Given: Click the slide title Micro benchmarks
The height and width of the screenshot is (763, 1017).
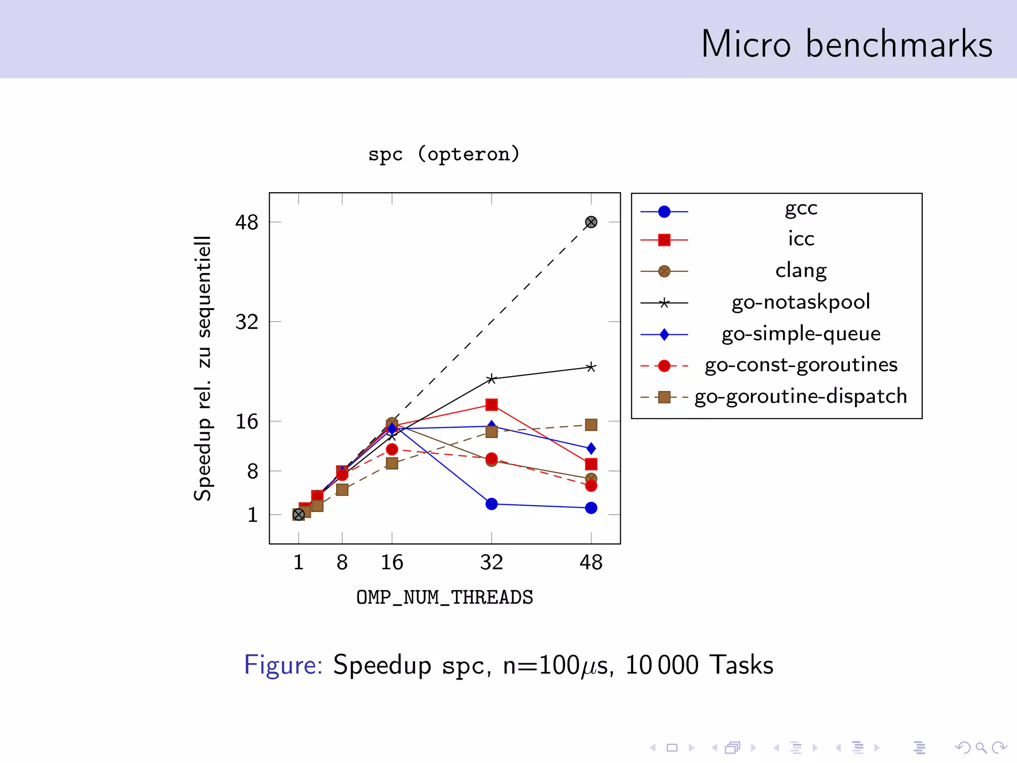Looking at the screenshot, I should click(846, 45).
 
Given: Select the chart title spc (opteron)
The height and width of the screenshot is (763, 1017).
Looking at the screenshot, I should click(443, 154).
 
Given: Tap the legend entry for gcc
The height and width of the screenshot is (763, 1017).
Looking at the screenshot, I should click(800, 209).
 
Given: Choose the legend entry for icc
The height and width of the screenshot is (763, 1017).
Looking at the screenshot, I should click(800, 239).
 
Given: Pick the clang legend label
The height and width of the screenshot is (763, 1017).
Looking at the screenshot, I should click(800, 271).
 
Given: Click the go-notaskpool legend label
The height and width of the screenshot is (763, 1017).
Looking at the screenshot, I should click(800, 302).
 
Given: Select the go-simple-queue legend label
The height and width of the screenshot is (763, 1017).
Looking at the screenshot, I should click(800, 334).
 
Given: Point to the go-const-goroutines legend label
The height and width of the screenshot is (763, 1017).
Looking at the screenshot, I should click(800, 365).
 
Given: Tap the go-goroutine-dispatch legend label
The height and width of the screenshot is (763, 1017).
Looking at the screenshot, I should click(800, 396).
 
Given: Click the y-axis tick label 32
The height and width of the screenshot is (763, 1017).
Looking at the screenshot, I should click(247, 322).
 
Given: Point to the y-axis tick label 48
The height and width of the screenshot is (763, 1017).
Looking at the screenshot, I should click(247, 222).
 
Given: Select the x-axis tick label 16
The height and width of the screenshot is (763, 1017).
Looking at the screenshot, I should click(392, 562).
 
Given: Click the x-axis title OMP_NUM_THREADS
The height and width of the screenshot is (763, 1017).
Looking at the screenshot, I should click(444, 597).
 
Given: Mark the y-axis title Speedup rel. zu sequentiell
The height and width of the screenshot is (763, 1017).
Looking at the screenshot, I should click(203, 368).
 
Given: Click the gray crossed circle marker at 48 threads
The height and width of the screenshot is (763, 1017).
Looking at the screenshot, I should click(591, 222).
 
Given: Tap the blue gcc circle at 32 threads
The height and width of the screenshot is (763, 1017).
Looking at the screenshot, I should click(492, 504).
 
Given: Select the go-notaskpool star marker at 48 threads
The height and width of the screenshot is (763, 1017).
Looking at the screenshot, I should click(591, 368).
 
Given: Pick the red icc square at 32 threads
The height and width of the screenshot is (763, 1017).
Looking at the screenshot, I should click(492, 405).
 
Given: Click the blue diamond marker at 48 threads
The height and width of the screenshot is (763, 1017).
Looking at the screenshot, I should click(591, 449).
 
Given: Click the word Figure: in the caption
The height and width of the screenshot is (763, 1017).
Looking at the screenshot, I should click(283, 665).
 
